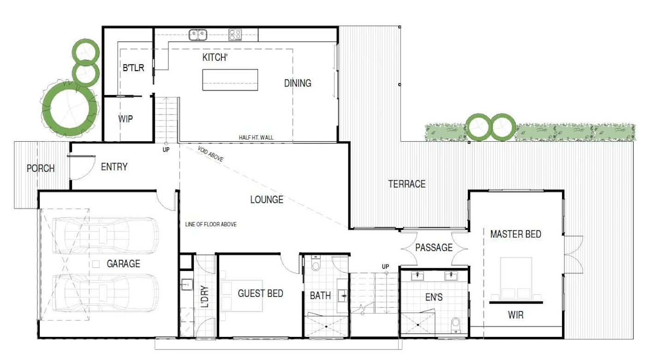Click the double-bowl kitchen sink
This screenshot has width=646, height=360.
[x=198, y=35]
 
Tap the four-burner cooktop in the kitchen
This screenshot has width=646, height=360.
[x=235, y=35]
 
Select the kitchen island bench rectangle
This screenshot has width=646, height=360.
[x=230, y=80]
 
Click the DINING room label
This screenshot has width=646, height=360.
[x=298, y=84]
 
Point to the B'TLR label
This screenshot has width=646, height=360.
[x=133, y=68]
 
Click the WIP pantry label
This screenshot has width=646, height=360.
[x=126, y=119]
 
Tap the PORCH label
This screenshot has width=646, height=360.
[x=41, y=168]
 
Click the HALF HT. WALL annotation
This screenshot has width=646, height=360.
[x=256, y=138]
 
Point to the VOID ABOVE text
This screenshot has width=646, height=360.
[x=210, y=154]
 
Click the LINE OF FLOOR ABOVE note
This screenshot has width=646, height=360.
[x=211, y=224]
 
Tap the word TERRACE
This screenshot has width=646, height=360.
[x=407, y=184]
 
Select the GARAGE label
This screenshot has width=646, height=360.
[x=124, y=264]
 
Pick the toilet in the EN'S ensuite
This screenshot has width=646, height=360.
[x=456, y=325]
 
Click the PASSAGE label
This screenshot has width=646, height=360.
[x=434, y=247]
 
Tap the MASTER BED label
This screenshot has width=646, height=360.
[x=516, y=234]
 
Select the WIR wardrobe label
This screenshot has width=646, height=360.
[x=516, y=315]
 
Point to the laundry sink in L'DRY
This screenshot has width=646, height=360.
[x=187, y=284]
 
